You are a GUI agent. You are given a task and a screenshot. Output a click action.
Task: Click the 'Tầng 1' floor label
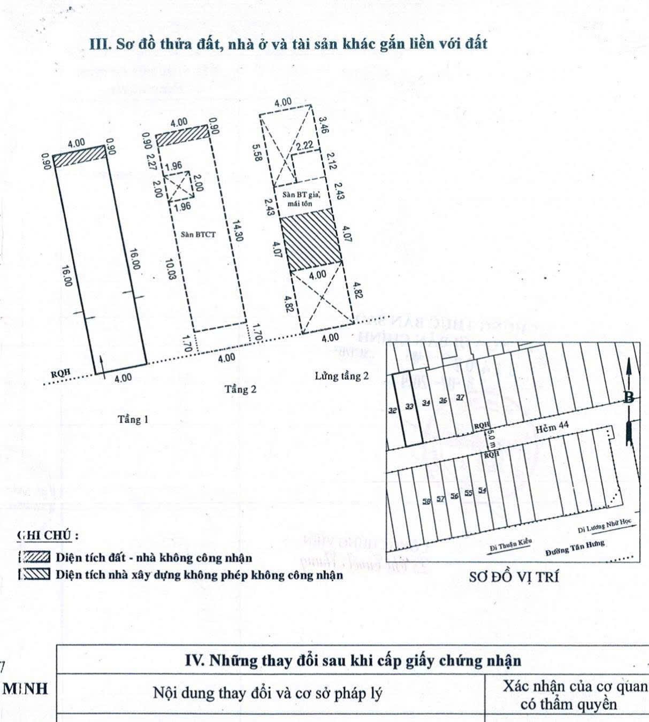click(x=133, y=420)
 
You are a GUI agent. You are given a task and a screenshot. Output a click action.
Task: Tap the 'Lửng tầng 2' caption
click(x=341, y=376)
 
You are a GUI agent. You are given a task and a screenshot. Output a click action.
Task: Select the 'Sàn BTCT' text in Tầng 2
click(x=198, y=234)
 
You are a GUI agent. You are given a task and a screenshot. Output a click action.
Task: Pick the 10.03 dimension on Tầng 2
click(x=169, y=270)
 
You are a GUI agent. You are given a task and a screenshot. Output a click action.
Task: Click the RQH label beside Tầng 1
click(x=60, y=374)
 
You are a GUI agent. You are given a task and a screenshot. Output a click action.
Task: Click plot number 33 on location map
click(x=409, y=406)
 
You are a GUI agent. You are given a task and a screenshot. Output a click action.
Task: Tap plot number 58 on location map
click(x=426, y=501)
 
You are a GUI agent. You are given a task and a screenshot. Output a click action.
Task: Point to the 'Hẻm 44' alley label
click(x=552, y=426)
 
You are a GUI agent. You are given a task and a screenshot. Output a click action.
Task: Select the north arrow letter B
click(x=630, y=398)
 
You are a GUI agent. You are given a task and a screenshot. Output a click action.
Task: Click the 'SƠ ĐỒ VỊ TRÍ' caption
click(x=513, y=577)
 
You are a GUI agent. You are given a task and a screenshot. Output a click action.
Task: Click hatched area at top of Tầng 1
click(x=79, y=157)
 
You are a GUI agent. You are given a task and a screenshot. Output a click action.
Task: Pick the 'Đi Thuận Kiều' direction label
click(x=511, y=544)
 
